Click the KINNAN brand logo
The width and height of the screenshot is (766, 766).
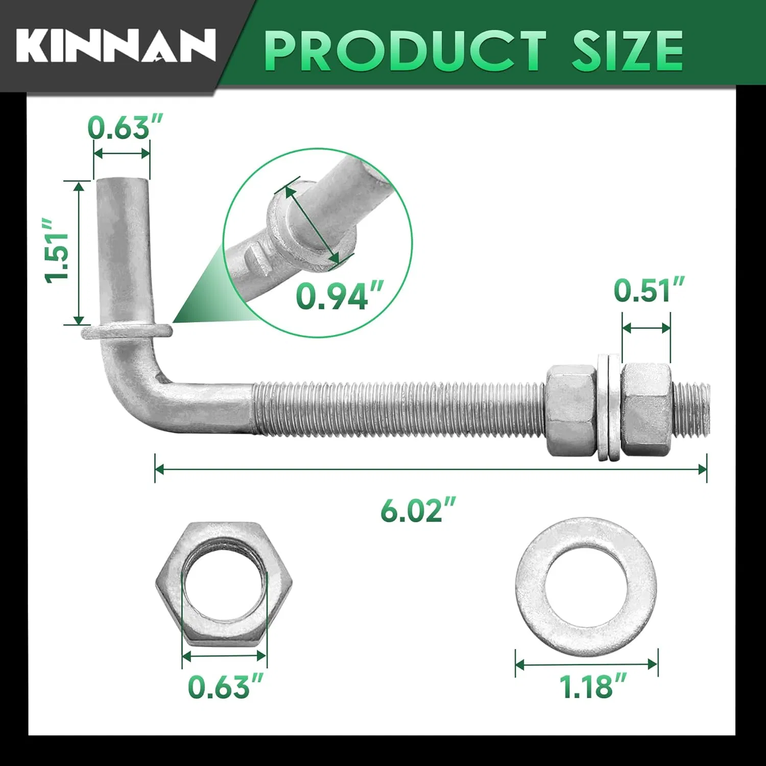(115, 46)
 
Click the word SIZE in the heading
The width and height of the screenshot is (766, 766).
(627, 51)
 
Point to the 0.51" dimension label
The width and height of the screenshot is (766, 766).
(648, 291)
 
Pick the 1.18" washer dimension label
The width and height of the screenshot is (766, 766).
(592, 686)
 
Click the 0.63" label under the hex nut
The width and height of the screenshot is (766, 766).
(225, 686)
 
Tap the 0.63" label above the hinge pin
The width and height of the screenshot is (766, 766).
(125, 127)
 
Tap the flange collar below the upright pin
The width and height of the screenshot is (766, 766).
(126, 331)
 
